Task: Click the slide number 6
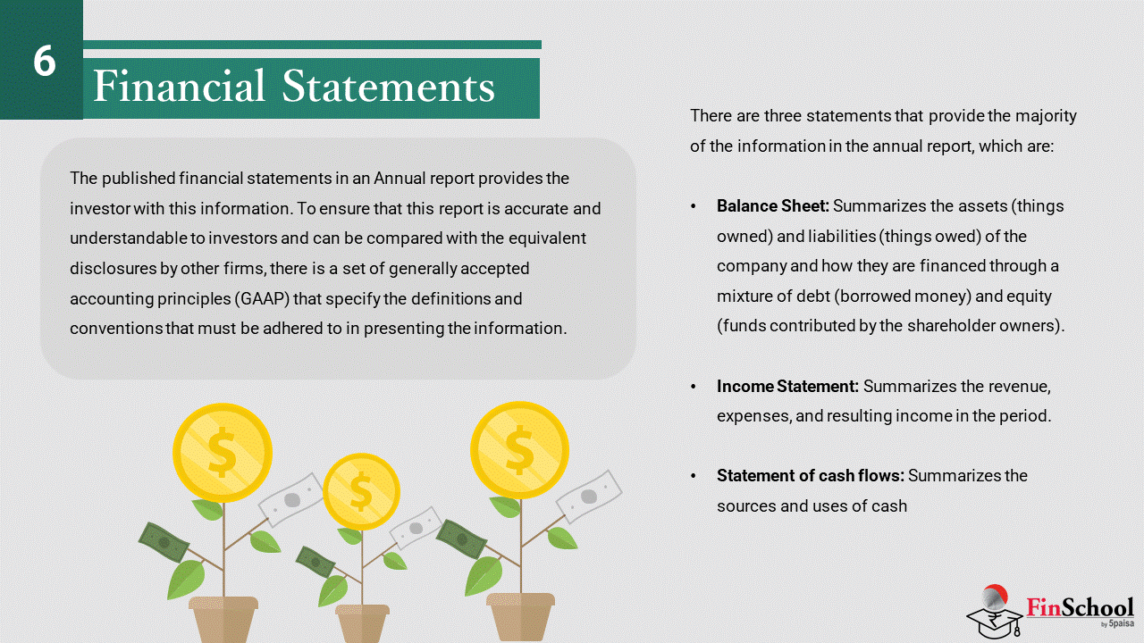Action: pos(45,61)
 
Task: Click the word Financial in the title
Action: pos(180,85)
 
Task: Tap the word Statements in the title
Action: pos(388,87)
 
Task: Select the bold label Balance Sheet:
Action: pos(773,205)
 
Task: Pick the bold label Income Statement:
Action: pos(787,387)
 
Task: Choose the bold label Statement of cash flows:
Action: pos(810,476)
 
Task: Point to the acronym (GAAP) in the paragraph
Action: pos(263,298)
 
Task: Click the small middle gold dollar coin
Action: pos(361,491)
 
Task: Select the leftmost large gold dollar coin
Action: pos(223,453)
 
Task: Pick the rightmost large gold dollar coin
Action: pos(519,450)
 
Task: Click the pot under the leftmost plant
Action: pos(223,620)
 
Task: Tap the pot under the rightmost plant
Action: pos(520,616)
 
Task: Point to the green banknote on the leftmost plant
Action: pos(164,542)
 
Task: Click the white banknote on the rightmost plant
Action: pos(589,497)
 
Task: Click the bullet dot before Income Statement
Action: pos(693,387)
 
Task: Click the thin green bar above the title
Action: pos(312,45)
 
